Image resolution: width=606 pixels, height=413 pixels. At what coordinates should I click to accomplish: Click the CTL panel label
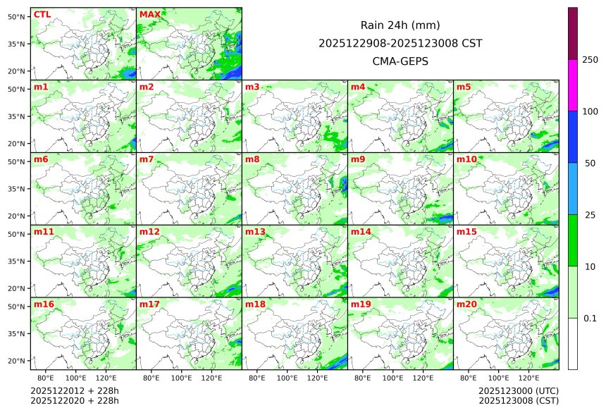(x=42, y=14)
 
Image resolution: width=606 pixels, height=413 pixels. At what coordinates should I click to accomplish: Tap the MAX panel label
(x=149, y=14)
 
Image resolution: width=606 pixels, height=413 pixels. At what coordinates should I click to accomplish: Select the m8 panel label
(x=253, y=159)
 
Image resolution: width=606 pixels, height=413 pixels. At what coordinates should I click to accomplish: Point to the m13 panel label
(x=255, y=232)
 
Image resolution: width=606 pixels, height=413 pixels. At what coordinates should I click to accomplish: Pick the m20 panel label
(x=467, y=304)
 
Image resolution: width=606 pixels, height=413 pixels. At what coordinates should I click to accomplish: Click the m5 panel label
(x=464, y=87)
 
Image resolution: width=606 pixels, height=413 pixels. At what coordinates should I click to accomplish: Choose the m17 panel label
(x=149, y=304)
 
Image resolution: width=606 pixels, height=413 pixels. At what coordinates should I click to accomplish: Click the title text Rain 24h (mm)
(x=400, y=25)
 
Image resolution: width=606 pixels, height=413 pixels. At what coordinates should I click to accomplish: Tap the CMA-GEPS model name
(x=400, y=61)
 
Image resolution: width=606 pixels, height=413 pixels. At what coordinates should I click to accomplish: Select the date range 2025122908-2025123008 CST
(x=400, y=43)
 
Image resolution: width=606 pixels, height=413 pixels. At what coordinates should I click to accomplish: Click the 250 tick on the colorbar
(x=590, y=59)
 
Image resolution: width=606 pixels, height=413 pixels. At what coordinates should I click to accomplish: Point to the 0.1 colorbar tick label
(x=590, y=318)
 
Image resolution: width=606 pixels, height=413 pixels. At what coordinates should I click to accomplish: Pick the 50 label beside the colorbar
(x=590, y=163)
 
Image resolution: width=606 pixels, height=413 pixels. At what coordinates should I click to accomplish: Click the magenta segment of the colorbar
(x=573, y=85)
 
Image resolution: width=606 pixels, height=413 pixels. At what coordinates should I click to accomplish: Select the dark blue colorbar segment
(x=573, y=137)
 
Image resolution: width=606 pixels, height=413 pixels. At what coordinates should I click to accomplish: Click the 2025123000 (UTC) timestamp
(x=518, y=390)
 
